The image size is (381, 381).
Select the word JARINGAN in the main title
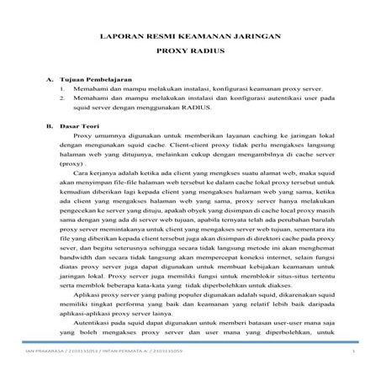point(257,38)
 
